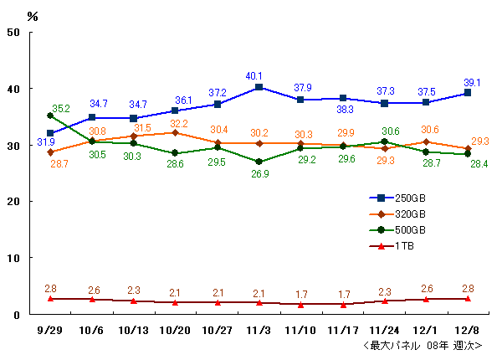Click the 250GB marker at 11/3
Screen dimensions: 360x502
(259, 87)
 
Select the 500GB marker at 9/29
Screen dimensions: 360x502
(50, 116)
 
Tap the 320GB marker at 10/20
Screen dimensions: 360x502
(176, 132)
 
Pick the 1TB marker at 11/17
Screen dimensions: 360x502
(342, 304)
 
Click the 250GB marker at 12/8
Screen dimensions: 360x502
(468, 93)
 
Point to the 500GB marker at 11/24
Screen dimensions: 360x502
(384, 141)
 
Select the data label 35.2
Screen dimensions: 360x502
(60, 109)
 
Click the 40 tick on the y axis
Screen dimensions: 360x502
(15, 89)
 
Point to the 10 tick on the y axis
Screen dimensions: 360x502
(15, 259)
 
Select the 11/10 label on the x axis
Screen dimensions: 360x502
(300, 331)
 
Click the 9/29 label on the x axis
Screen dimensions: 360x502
(50, 331)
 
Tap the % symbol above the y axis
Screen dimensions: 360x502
(33, 16)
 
